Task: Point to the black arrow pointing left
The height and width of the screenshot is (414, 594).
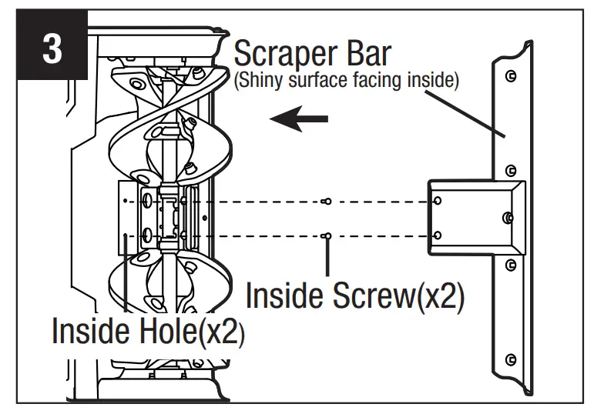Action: (300, 119)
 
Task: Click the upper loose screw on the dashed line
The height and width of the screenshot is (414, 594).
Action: (327, 202)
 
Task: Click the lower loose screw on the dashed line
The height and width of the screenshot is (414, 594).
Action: (327, 235)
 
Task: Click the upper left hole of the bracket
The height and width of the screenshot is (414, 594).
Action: (438, 201)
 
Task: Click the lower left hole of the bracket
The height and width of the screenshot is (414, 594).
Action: (438, 235)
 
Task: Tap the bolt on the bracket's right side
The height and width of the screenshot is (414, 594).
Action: (506, 219)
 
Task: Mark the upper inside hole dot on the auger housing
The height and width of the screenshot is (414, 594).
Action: (126, 202)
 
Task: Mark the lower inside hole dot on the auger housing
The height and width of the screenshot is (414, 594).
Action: (126, 235)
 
